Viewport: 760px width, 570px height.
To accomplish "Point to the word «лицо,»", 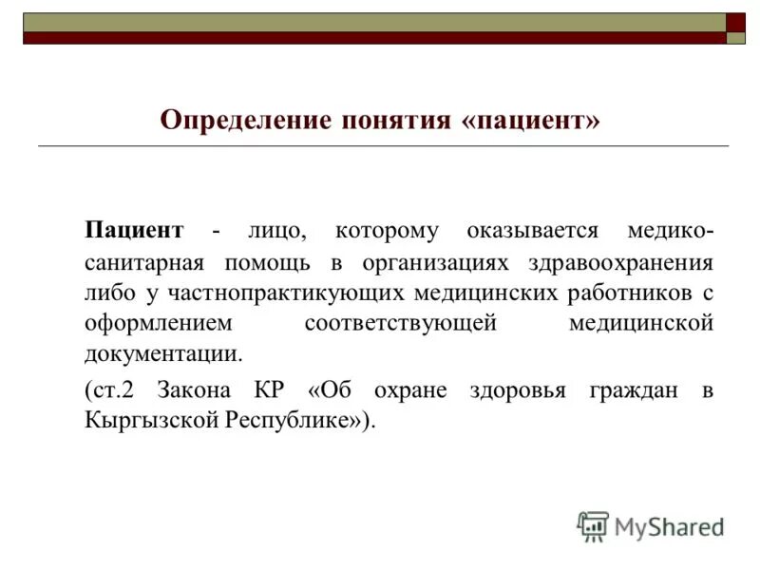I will (276, 230).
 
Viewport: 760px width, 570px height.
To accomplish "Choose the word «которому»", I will (387, 230).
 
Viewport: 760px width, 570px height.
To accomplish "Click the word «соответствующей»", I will (401, 324).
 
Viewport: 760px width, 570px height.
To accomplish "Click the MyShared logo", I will (651, 525).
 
